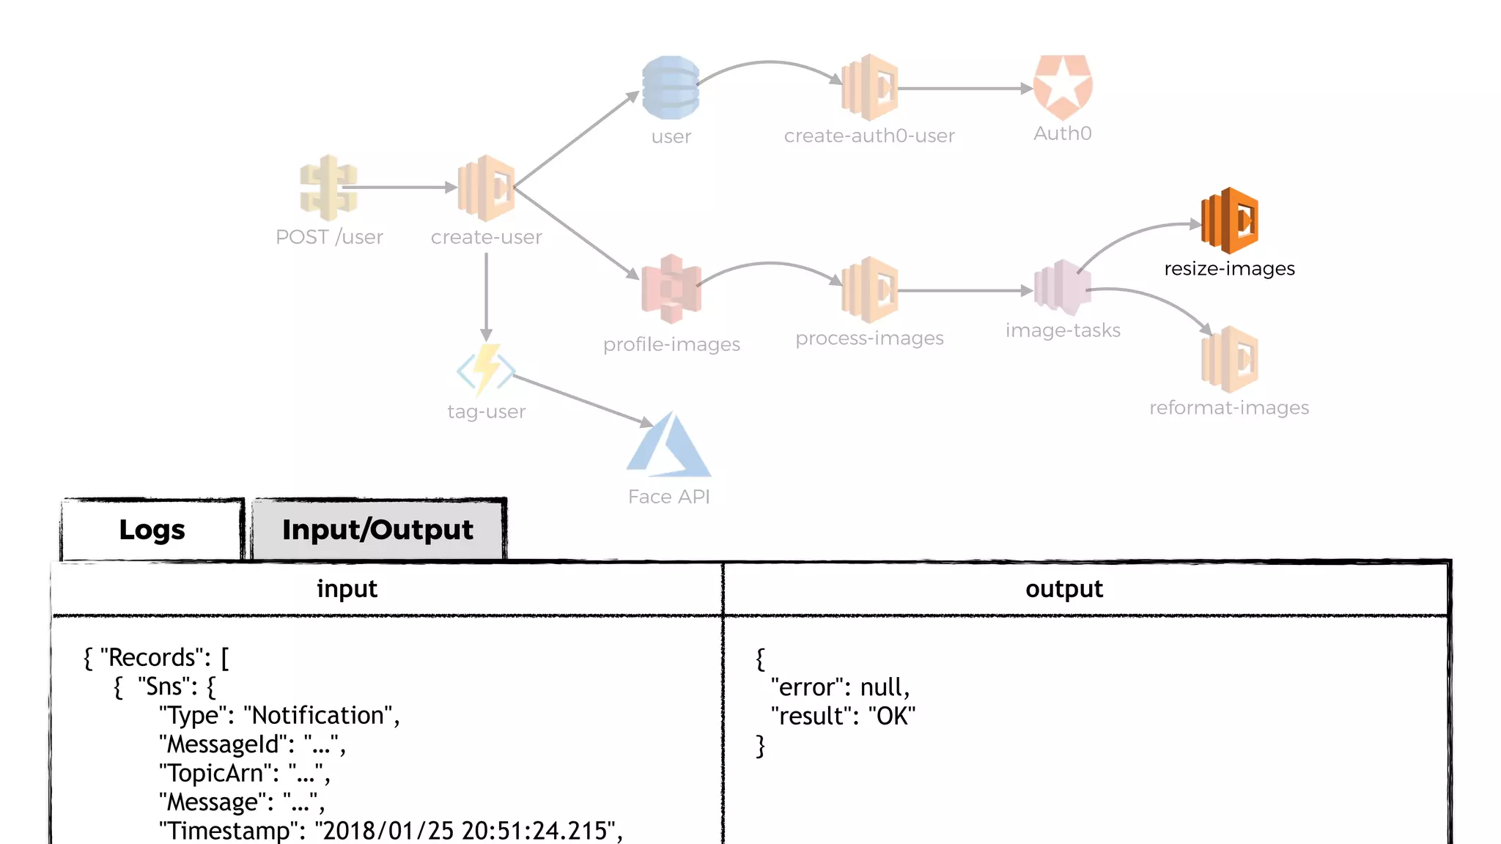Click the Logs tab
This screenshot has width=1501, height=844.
pos(152,530)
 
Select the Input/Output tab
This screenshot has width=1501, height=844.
pos(377,530)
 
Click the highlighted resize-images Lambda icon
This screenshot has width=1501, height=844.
pos(1229,221)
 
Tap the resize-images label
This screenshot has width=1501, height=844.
pos(1229,269)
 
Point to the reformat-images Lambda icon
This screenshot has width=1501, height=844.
pos(1229,359)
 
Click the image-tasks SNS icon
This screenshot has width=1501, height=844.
pos(1062,288)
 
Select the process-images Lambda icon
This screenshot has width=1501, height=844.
pos(869,290)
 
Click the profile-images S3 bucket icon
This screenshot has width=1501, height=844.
pos(671,289)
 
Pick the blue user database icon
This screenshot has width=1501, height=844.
pos(671,88)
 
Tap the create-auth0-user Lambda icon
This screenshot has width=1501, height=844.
pos(869,87)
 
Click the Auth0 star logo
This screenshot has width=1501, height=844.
pos(1062,87)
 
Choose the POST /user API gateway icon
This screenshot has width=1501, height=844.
pos(328,188)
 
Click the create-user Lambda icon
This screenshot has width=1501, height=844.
pos(486,188)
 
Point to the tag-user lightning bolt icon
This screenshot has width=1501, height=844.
pos(486,370)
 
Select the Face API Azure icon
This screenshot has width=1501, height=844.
pos(668,445)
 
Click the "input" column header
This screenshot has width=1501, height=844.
pos(347,589)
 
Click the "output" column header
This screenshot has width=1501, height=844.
pos(1063,589)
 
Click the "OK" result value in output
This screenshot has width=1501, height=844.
pos(891,717)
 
